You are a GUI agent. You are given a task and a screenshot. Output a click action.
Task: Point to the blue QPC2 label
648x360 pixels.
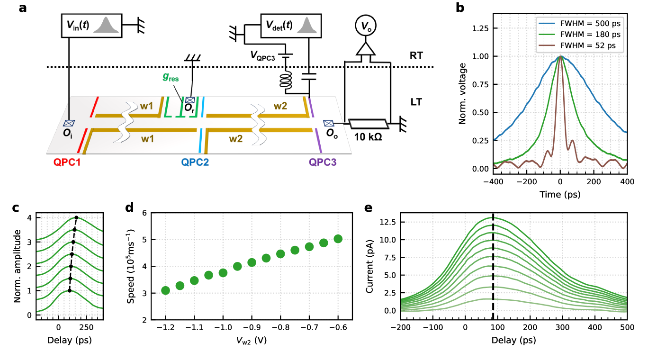195,162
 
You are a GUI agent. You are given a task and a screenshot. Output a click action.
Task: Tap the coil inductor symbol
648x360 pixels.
286,81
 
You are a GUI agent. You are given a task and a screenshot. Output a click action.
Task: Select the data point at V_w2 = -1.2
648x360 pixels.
165,290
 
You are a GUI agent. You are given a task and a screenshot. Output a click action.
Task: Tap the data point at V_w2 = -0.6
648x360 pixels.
338,239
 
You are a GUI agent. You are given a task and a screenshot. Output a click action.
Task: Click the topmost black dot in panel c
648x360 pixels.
76,218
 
